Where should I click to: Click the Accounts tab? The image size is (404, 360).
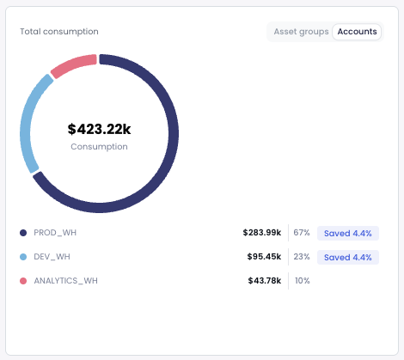point(357,32)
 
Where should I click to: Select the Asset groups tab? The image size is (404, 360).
point(301,32)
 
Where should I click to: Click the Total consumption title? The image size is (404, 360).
point(59,32)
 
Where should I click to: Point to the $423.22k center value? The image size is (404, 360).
point(99,130)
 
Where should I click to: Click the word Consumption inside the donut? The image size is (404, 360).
point(99,147)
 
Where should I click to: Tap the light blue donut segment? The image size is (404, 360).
point(28,120)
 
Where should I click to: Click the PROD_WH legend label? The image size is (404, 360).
point(55,233)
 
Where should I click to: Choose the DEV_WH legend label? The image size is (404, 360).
point(52,257)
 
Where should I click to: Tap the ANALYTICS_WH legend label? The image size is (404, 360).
point(65,281)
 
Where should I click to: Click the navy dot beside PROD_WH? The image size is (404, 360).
point(23,233)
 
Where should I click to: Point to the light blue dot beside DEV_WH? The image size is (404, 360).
point(23,257)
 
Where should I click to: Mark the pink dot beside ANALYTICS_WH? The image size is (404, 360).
point(23,281)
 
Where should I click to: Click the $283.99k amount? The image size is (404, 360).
point(261,233)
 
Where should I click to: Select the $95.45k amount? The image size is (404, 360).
point(264,257)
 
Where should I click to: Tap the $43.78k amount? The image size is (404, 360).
point(264,281)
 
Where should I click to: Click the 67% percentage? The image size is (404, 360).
point(301,233)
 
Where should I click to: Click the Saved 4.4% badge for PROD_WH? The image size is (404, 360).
point(347,233)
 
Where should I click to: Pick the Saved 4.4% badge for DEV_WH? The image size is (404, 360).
point(347,257)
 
